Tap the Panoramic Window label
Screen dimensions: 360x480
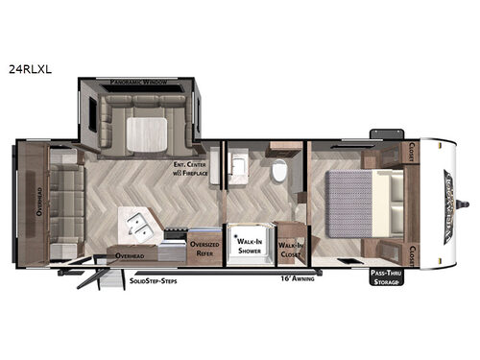(139, 84)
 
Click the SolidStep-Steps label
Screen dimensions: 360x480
(155, 283)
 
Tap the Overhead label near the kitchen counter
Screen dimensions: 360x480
(129, 256)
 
